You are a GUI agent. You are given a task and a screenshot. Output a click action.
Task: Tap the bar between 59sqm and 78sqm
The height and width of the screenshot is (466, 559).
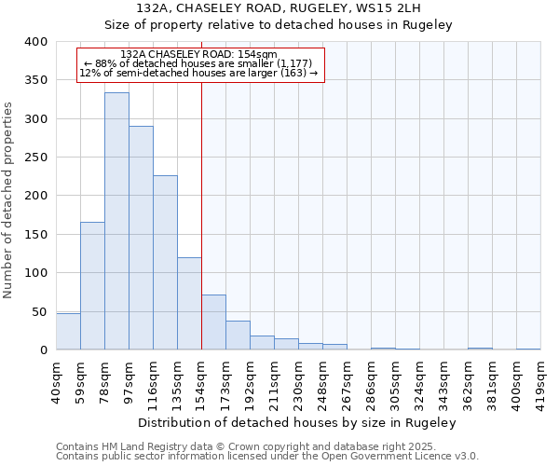point(92,286)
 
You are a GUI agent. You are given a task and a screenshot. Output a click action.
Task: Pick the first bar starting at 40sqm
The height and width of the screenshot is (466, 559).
point(68,332)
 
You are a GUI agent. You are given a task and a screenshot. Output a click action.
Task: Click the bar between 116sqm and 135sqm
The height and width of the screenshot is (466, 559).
point(165,263)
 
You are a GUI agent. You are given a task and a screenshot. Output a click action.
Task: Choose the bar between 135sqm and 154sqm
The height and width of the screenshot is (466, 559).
point(189,304)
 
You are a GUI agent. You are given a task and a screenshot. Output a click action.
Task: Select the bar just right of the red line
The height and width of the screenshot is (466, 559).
point(213,322)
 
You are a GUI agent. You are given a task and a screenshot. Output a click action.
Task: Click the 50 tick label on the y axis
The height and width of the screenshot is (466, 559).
point(40,311)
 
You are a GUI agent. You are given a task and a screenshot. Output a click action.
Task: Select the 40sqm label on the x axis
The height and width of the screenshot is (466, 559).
point(56,382)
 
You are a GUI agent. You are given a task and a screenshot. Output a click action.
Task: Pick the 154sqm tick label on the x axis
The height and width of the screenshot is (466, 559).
point(201,382)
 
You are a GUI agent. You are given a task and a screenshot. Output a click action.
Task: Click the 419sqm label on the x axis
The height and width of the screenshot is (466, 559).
point(540,382)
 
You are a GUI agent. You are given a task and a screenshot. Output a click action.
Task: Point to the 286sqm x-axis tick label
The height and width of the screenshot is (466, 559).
point(371,382)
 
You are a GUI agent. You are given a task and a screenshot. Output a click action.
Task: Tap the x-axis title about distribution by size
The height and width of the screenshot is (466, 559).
point(304,422)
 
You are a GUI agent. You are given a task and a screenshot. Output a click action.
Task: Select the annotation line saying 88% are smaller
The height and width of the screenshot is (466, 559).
point(199,63)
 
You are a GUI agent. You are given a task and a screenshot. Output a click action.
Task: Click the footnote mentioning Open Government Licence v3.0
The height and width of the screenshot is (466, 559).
point(267,456)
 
